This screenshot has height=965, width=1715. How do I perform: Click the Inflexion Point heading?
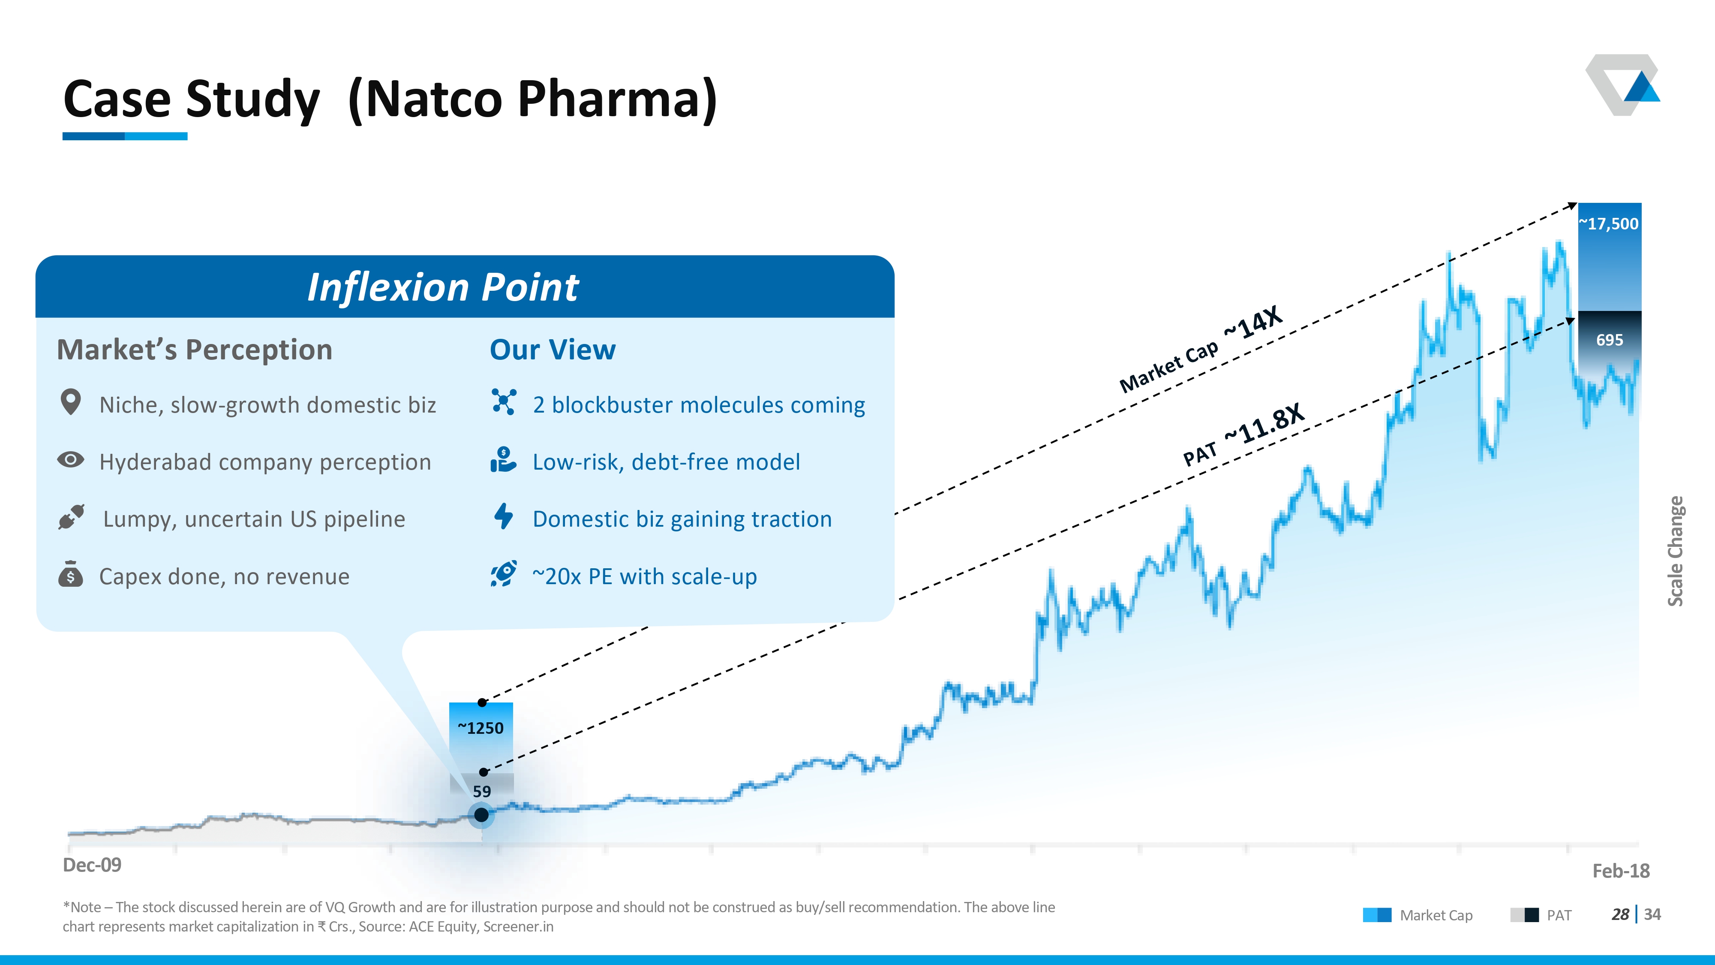point(443,288)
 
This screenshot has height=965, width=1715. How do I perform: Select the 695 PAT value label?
point(1609,340)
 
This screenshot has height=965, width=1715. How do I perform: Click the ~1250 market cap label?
point(481,728)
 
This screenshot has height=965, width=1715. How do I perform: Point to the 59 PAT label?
point(481,791)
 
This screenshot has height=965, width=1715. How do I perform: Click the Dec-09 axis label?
point(92,865)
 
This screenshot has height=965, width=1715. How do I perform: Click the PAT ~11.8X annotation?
point(1243,434)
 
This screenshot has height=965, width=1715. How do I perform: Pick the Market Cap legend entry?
point(1418,915)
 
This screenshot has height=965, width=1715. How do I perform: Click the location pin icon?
point(71,402)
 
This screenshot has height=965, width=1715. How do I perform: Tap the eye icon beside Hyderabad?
point(71,459)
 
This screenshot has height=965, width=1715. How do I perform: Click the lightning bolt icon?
point(504,516)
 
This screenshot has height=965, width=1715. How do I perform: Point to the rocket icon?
point(504,573)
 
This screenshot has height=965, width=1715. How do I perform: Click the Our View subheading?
point(553,350)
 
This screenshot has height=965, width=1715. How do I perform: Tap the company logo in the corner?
point(1622,84)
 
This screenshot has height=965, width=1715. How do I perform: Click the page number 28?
point(1620,914)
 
